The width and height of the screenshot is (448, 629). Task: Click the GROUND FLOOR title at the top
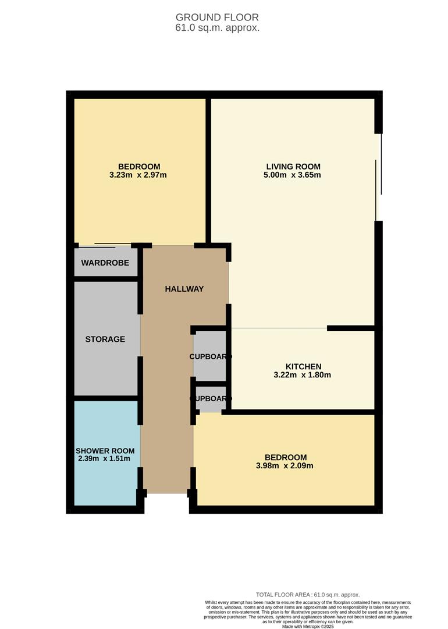[x=217, y=17]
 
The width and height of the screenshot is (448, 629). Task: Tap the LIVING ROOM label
[x=293, y=166]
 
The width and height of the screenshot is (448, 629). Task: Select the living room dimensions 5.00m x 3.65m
[x=293, y=175]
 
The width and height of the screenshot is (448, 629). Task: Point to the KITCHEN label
[x=303, y=366]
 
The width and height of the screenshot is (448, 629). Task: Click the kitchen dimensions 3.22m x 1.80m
[x=303, y=375]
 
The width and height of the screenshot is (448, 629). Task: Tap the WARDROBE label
[x=105, y=263]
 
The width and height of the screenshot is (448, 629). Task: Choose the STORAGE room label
[x=105, y=339]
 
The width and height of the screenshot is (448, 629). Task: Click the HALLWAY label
[x=184, y=289]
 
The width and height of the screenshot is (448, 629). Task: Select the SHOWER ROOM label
[x=105, y=451]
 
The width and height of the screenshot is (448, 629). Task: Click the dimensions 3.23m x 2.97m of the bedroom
[x=138, y=175]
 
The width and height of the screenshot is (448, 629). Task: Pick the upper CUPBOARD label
[x=211, y=356]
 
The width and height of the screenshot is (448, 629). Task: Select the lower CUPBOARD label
[x=211, y=399]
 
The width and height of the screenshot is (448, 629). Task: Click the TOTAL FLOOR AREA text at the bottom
[x=308, y=594]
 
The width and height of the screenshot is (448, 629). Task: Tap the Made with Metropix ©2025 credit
[x=308, y=626]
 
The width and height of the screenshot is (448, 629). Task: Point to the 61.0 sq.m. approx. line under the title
[x=217, y=27]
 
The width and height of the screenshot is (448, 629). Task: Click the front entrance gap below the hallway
[x=167, y=494]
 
